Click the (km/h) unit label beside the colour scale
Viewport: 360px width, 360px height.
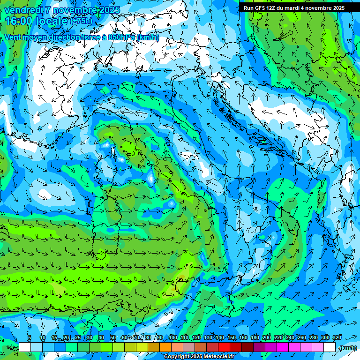tap(347, 348)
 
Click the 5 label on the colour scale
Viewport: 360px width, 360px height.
tap(30, 338)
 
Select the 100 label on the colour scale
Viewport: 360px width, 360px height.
tap(172, 338)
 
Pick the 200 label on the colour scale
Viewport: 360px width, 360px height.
tap(267, 338)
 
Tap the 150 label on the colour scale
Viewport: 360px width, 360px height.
tap(232, 338)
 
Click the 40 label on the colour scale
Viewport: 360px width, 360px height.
tap(101, 338)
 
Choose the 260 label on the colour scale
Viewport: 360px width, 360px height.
tap(302, 338)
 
